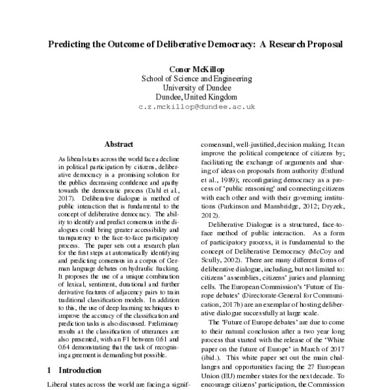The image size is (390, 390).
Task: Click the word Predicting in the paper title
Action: (x=72, y=47)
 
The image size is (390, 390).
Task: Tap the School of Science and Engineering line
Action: (x=194, y=79)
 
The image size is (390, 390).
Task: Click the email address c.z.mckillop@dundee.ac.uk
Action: (x=194, y=106)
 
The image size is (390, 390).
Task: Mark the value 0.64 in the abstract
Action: (x=66, y=347)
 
